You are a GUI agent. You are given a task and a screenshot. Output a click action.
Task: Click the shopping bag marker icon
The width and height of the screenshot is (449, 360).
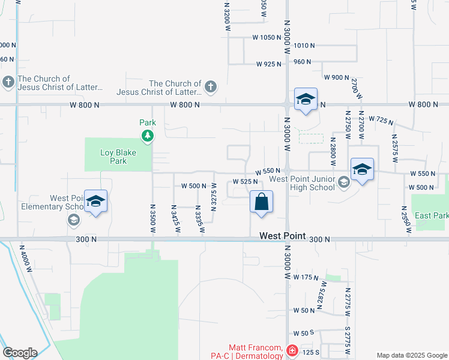[262, 203]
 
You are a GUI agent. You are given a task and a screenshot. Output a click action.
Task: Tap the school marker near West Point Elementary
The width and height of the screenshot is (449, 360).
[95, 202]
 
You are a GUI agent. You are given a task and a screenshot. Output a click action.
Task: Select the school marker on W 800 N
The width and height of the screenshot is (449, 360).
[306, 100]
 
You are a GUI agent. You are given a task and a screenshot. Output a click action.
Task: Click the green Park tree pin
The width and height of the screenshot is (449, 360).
[148, 136]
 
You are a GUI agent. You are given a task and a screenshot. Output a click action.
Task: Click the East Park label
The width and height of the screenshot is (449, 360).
[431, 215]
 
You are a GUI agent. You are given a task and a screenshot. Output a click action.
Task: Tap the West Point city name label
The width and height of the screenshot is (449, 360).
[283, 236]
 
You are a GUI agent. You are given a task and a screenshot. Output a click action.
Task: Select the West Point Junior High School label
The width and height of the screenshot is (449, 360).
[302, 183]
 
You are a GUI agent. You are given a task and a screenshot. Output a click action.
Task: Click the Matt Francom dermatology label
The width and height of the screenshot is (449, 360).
[256, 352]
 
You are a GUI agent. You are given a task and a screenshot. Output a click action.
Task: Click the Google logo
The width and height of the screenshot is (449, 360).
[19, 353]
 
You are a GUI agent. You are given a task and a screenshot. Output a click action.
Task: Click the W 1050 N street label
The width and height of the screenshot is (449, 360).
[267, 37]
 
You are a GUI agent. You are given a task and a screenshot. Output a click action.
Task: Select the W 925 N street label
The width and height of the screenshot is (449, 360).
[269, 64]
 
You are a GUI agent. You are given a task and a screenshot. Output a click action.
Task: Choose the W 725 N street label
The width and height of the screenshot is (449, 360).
[381, 120]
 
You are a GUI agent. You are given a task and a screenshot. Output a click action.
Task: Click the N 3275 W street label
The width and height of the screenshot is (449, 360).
[213, 198]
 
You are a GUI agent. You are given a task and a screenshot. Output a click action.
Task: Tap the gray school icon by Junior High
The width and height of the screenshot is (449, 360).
[343, 182]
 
